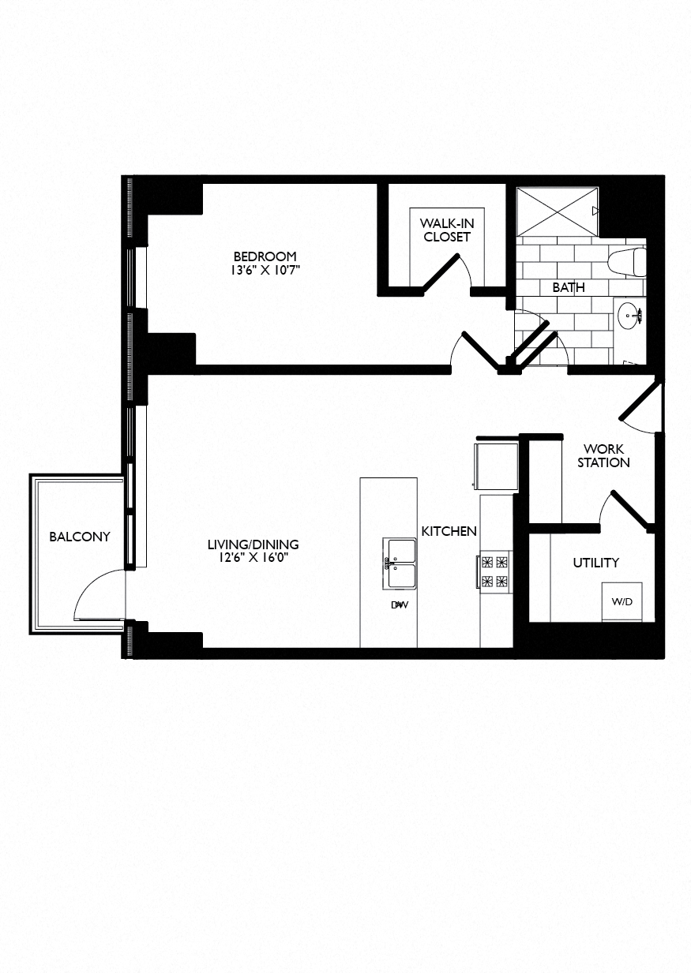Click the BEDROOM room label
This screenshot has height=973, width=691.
[x=265, y=256]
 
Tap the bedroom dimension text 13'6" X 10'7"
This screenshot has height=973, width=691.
[x=265, y=271]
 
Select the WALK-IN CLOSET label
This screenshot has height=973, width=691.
[x=446, y=230]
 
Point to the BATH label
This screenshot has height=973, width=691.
[x=569, y=287]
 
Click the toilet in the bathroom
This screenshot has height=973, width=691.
[x=629, y=261]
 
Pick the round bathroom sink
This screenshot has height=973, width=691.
[x=629, y=316]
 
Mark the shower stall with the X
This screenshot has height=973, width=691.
[x=557, y=211]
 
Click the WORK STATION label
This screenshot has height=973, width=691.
[x=603, y=456]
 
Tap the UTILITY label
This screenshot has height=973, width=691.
[x=595, y=563]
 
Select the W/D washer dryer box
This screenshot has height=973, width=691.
[x=622, y=601]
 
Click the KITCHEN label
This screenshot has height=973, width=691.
[x=449, y=531]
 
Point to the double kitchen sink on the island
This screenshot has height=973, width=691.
[x=400, y=563]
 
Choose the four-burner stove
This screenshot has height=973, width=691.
[x=495, y=572]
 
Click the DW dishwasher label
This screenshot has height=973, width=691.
[x=400, y=605]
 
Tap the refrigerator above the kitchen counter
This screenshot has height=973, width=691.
[x=495, y=466]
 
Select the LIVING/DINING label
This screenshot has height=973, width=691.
[x=253, y=545]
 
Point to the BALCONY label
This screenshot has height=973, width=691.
[x=80, y=537]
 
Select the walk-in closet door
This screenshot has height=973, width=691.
[x=440, y=274]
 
